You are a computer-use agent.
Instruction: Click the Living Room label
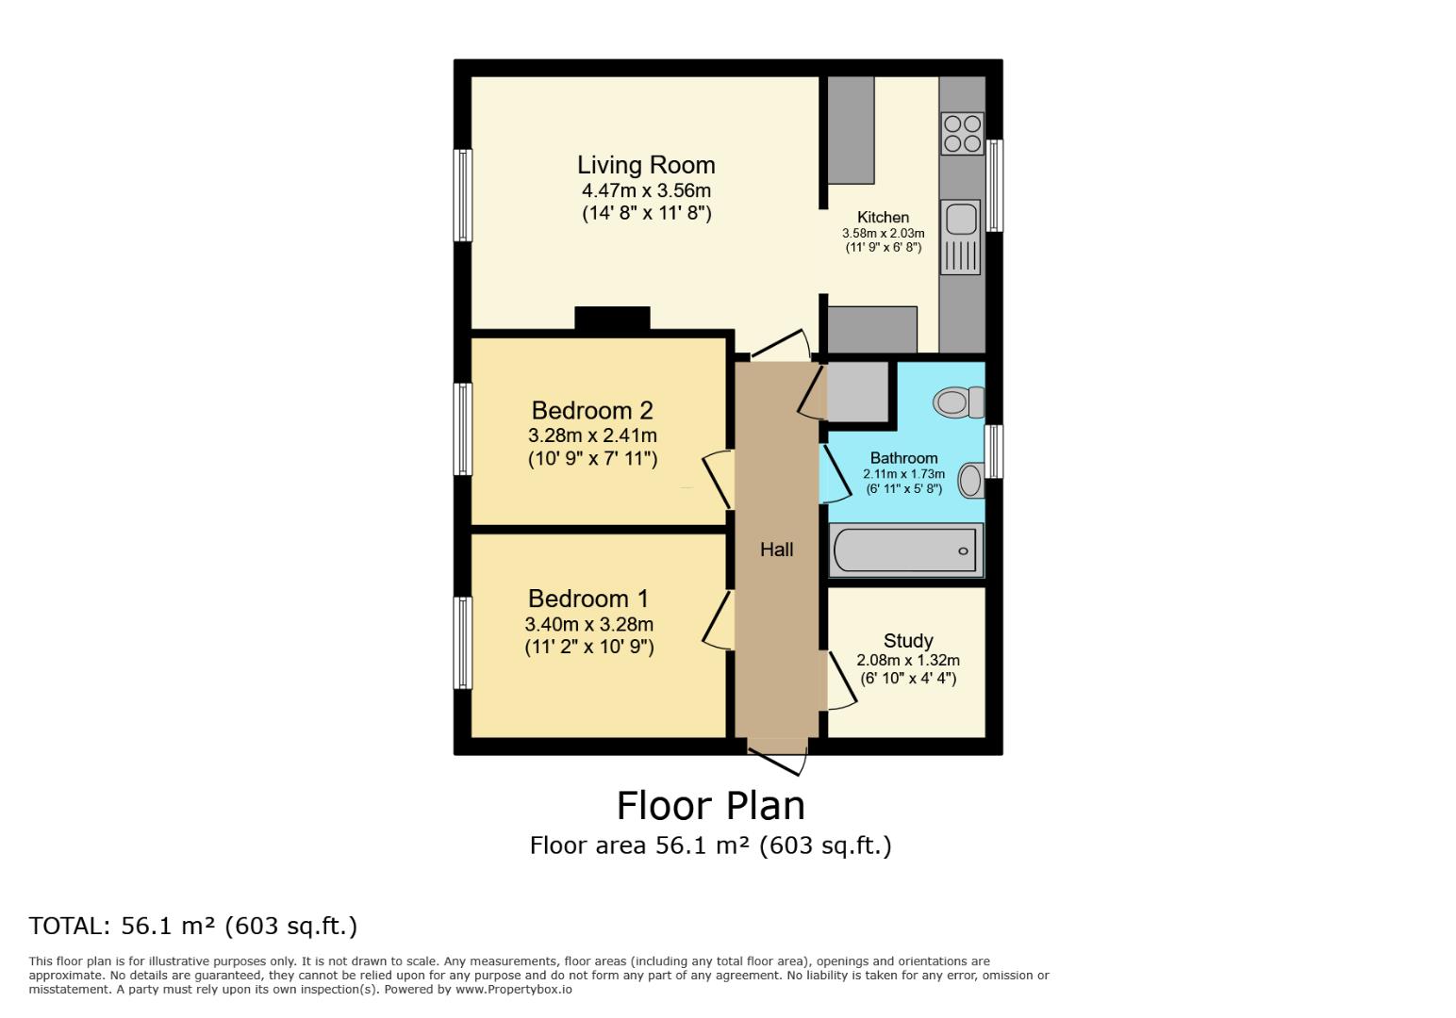point(646,165)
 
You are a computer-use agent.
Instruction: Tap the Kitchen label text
point(883,218)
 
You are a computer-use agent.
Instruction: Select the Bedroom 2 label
point(592,411)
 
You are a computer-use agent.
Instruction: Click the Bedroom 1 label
point(588,599)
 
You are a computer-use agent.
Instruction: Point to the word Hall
point(776,550)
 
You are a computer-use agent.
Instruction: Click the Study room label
point(908,641)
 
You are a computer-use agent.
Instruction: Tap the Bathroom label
point(903,458)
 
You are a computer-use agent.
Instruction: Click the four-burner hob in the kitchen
point(962,133)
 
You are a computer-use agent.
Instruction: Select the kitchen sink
point(961,220)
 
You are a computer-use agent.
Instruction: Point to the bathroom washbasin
point(970,480)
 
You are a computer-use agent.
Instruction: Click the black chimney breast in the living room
point(612,319)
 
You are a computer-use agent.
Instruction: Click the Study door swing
point(841,681)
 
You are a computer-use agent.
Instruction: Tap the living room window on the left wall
point(462,195)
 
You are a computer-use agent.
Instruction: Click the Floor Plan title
point(710,806)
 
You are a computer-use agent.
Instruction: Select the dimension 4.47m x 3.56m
point(646,191)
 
